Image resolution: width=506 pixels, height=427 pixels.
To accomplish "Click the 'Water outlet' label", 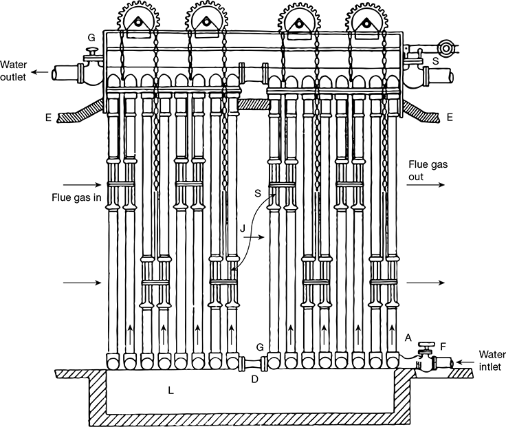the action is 13,71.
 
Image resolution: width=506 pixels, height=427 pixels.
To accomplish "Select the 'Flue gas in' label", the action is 76,197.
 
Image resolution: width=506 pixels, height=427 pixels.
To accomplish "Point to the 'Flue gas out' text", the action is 428,171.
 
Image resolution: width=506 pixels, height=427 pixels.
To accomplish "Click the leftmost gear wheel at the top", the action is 138,19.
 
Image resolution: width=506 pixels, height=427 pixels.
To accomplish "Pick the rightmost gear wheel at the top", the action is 366,20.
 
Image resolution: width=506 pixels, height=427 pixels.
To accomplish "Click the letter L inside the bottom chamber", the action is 170,391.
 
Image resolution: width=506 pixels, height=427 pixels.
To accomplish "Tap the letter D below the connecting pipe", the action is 254,380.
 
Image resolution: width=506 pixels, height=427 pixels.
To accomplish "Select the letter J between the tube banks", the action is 243,229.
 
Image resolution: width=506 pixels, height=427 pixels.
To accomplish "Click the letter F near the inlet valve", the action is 443,347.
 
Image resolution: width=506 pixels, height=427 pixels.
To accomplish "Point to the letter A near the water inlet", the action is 408,338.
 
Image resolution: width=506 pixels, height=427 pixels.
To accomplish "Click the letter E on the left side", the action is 48,118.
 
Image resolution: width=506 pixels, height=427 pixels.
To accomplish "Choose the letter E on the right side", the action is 450,117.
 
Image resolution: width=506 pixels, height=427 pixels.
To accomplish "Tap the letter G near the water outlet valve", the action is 91,38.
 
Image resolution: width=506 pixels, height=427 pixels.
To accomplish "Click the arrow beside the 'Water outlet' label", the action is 40,72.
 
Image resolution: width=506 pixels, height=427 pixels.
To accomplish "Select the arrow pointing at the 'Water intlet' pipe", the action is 465,362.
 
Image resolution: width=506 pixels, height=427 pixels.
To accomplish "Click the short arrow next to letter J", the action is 254,237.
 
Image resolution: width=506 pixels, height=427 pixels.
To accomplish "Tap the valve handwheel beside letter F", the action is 426,344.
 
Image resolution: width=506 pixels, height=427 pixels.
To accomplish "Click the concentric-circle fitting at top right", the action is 445,47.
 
